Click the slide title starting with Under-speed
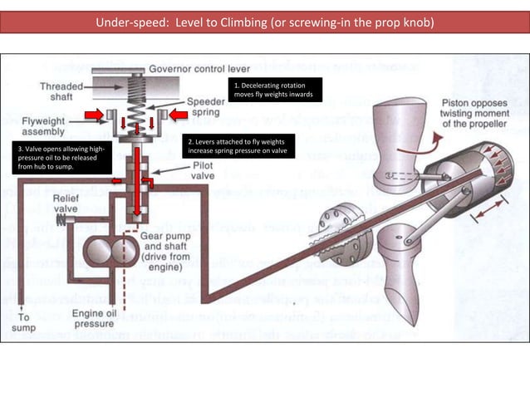coord(264,22)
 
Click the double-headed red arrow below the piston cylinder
coord(484,217)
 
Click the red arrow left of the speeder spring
coord(92,113)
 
